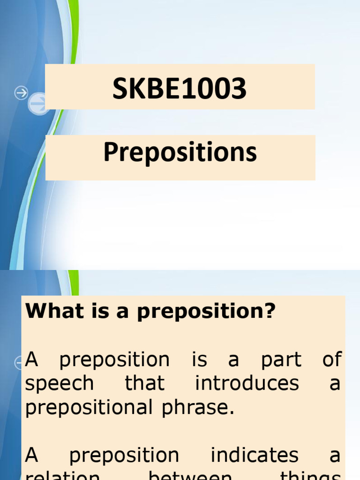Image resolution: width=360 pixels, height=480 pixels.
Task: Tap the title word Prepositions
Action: coord(180,153)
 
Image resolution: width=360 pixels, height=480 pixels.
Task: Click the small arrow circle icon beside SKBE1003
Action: coord(21,93)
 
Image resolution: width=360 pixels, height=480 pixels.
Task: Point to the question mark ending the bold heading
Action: coord(270,312)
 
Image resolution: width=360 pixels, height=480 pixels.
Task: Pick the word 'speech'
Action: coord(59,384)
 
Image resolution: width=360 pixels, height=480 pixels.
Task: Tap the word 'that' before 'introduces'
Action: coord(144,383)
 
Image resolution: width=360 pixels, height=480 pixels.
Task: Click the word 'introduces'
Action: coord(247,383)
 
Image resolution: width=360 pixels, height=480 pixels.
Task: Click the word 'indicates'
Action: coord(254,455)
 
